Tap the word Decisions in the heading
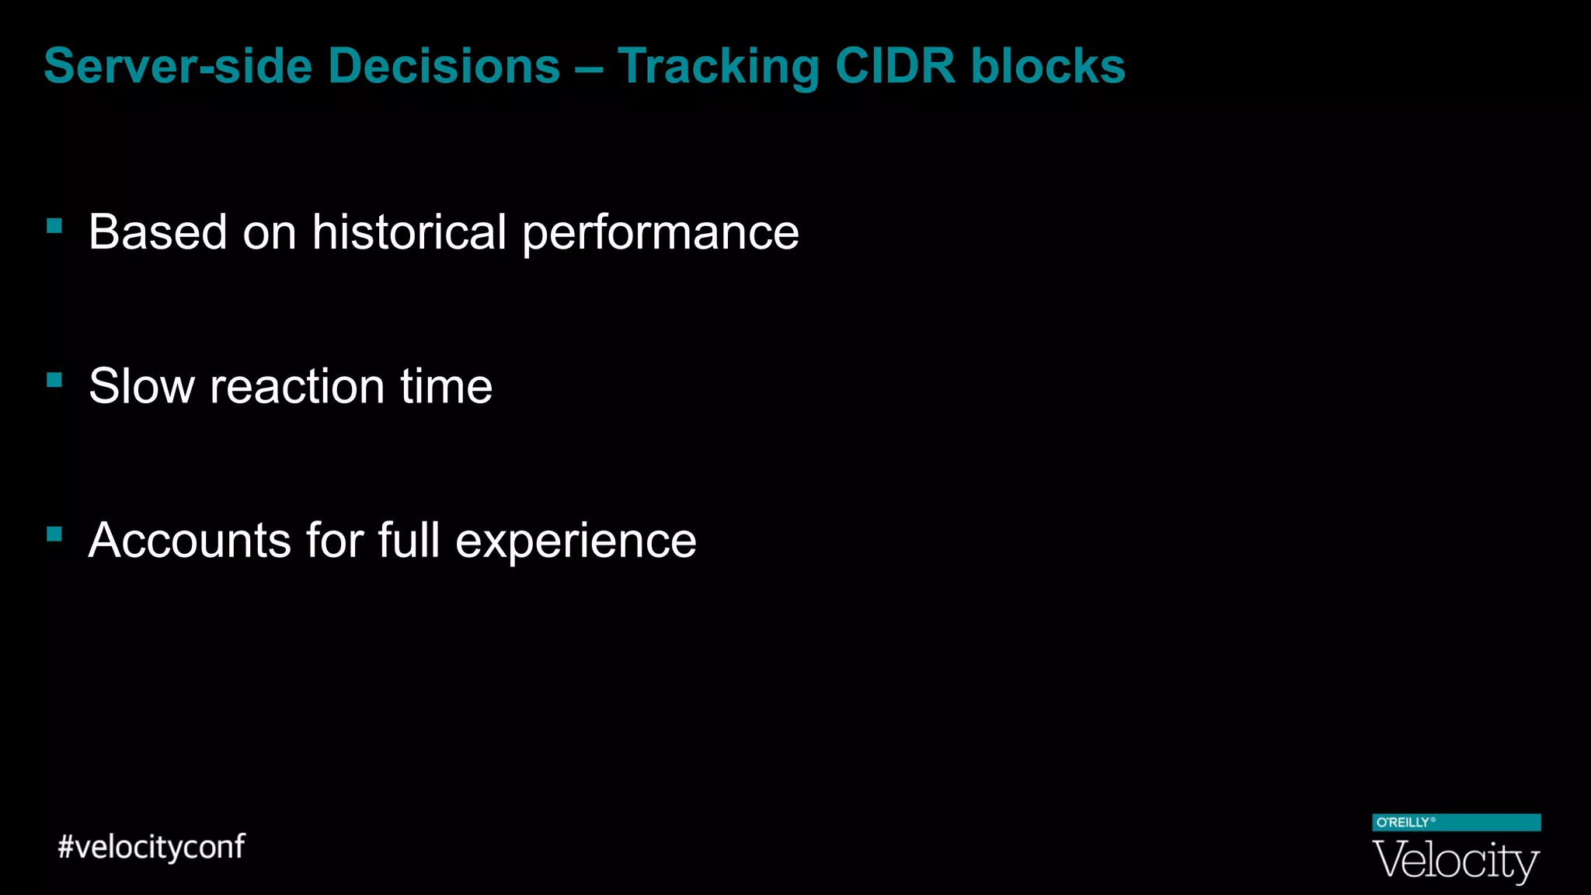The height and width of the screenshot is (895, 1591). click(444, 66)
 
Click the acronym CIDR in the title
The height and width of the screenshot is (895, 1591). click(895, 66)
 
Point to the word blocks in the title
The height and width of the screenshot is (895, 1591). click(1048, 66)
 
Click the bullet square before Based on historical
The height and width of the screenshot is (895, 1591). click(54, 226)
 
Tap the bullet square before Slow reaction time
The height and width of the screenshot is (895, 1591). click(54, 380)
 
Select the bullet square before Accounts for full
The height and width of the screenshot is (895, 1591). click(54, 534)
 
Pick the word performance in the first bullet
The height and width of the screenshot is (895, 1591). click(660, 233)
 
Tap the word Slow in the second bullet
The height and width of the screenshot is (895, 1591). click(141, 386)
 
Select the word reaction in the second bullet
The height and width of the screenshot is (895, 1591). click(297, 387)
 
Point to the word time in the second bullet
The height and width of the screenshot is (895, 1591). click(446, 386)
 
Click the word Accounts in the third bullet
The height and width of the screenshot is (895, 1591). click(190, 540)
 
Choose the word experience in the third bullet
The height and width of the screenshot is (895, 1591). click(576, 542)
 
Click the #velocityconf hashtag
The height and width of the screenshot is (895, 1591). click(151, 847)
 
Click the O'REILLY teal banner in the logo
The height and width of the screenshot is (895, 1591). click(1456, 823)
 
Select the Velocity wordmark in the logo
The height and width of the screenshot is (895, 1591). click(1456, 860)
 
